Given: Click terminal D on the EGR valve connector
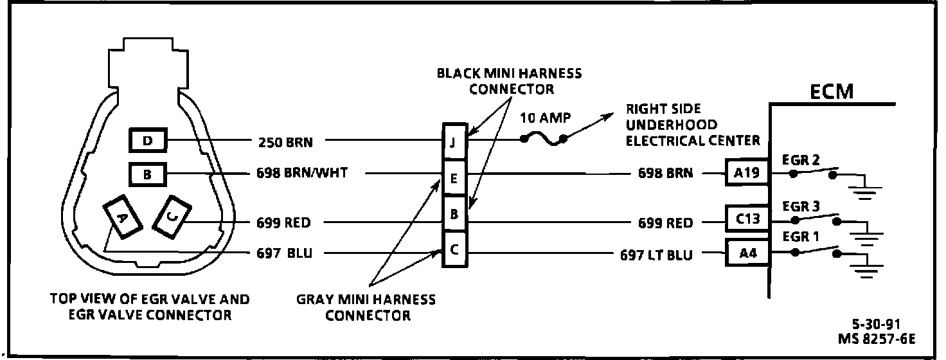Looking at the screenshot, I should click(x=147, y=140).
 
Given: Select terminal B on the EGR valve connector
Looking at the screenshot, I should click(x=147, y=173).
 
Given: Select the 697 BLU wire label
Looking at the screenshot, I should click(x=283, y=253).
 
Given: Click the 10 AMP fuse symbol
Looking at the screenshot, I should click(x=544, y=139).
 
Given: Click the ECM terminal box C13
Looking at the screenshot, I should click(x=746, y=220).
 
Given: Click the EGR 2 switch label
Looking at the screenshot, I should click(x=801, y=161).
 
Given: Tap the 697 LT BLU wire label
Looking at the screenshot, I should click(x=656, y=255).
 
